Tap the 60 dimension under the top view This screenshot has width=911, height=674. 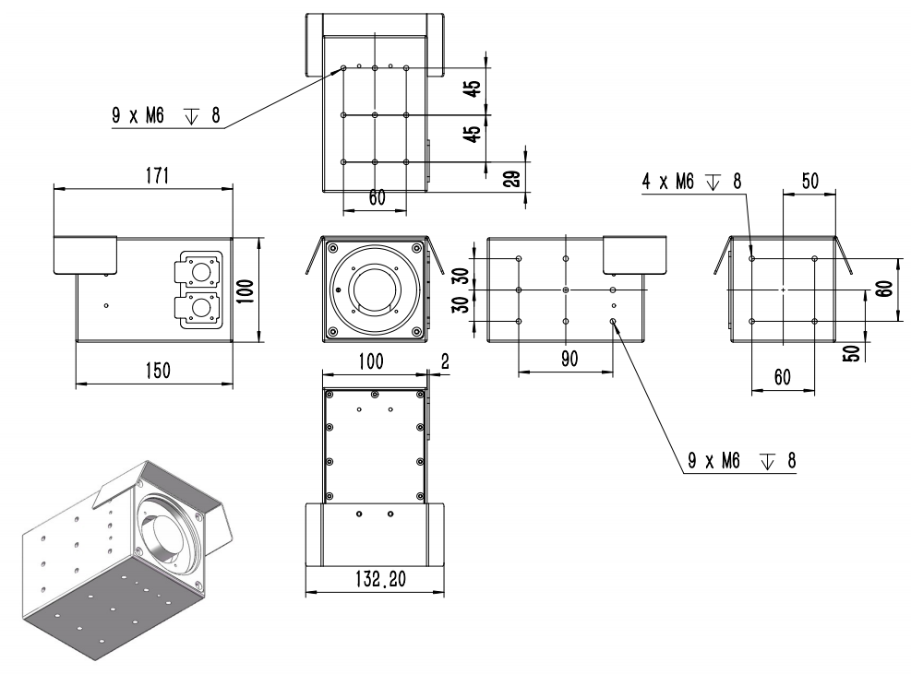[377, 197]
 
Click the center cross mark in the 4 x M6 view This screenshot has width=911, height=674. [783, 290]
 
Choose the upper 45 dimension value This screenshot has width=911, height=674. [472, 89]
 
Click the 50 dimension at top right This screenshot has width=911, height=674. [809, 182]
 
